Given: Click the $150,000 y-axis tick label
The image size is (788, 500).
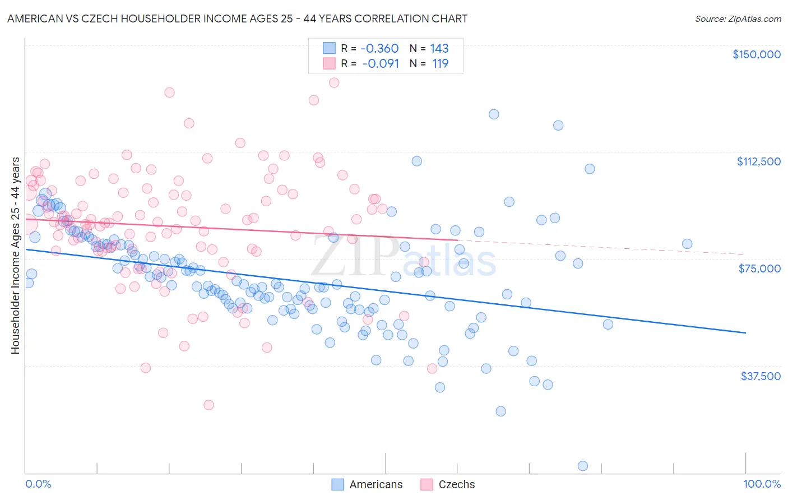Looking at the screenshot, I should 756,54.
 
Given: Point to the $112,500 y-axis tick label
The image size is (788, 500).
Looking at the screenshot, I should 758,161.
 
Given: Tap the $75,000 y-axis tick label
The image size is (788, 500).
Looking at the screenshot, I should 759,268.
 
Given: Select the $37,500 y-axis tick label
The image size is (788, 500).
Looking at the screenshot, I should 761,376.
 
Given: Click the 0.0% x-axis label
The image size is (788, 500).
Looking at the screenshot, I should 39,484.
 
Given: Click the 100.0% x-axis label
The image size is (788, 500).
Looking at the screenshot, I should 762,484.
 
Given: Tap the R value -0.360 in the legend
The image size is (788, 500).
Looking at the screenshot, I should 379,49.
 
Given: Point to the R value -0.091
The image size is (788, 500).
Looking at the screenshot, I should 381,64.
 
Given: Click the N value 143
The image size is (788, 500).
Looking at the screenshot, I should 439,49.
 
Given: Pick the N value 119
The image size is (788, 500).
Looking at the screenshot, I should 441,64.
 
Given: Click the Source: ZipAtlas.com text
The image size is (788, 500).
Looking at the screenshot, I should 738,19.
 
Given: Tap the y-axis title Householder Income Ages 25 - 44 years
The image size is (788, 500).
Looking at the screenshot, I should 15,255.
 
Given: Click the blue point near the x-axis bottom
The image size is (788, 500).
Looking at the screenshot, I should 582,466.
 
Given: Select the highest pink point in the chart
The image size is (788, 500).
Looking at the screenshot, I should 334,82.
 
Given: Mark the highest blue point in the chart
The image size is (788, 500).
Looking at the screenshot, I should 494,114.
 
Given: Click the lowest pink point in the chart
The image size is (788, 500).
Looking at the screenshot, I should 208,405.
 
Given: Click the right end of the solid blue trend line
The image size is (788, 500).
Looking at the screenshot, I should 745,333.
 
